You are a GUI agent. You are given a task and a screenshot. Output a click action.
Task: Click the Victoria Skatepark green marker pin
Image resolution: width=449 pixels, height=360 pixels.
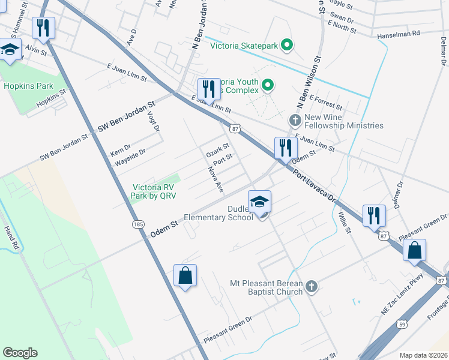287,44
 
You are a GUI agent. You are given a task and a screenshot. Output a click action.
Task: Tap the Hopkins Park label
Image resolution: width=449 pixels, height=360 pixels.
28,86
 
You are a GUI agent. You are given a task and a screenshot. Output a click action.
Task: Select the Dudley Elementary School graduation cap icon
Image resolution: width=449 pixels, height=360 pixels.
260,202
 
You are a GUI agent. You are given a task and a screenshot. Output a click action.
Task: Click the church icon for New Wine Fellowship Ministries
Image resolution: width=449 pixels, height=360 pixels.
294,120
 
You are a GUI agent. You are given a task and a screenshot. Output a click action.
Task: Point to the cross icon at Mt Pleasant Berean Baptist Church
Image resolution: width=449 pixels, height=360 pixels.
311,287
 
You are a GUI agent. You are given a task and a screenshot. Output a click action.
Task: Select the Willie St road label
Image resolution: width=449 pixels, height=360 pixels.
344,223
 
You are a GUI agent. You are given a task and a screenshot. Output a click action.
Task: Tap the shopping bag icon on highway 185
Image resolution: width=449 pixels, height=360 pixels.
185,276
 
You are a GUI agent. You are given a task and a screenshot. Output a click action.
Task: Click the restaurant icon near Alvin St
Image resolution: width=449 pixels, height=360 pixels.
43,28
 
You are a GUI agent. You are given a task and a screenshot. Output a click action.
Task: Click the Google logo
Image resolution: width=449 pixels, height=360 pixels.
20,353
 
